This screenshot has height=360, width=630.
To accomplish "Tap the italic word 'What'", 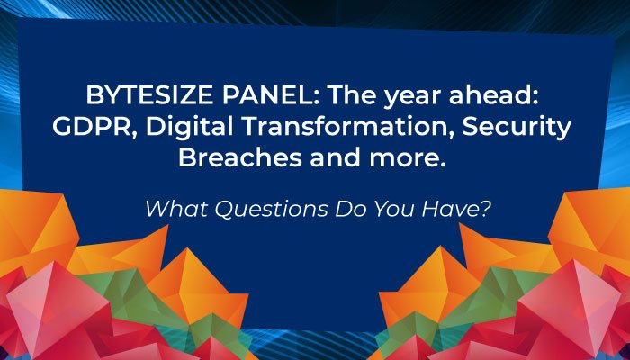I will click(173, 208).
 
